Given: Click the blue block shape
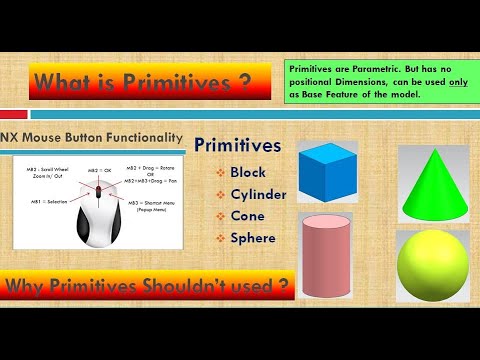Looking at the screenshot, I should click(x=336, y=171).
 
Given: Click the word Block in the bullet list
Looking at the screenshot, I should click(x=248, y=171).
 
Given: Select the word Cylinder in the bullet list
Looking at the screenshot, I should click(x=257, y=193).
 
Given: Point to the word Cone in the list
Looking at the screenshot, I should click(x=247, y=215).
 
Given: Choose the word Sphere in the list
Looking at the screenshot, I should click(x=253, y=238).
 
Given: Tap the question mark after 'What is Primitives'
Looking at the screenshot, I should click(x=244, y=83).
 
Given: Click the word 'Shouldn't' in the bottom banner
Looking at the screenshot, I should click(x=189, y=287).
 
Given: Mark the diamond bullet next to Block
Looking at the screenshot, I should click(x=219, y=172).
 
